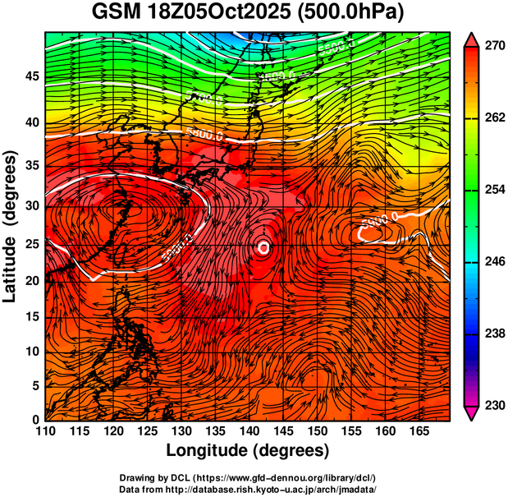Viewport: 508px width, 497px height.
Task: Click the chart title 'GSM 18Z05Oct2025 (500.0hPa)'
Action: click(252, 12)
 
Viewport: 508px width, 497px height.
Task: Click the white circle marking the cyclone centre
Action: click(263, 246)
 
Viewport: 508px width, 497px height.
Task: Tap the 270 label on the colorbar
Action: click(493, 47)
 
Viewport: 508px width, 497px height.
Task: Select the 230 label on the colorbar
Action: click(493, 406)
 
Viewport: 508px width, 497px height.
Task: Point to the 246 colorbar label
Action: click(493, 262)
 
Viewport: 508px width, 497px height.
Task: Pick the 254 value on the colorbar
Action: click(493, 191)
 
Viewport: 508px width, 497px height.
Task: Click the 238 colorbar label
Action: click(493, 334)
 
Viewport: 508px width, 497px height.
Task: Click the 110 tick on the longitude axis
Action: click(45, 431)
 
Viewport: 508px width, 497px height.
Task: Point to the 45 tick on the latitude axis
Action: click(31, 76)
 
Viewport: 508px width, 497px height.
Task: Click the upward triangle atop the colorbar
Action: click(471, 39)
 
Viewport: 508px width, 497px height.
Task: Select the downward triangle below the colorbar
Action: click(471, 414)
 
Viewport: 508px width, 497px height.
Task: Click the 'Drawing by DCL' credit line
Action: click(248, 477)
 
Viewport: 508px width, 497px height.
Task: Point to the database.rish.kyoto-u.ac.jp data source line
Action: click(248, 489)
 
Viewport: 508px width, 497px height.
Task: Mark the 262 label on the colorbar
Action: click(493, 118)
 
